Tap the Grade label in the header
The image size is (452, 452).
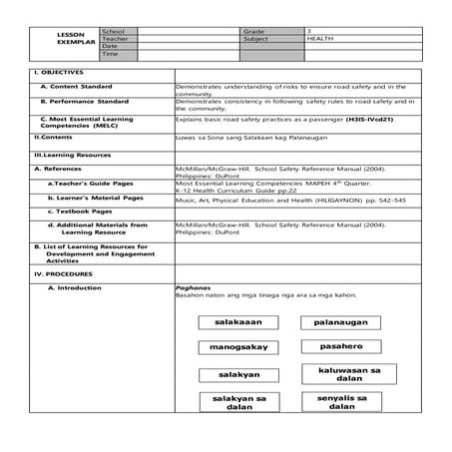[x=252, y=32]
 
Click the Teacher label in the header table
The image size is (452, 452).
[x=116, y=39]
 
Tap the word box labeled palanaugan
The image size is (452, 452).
[x=340, y=322]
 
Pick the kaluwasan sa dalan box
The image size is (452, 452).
[x=341, y=374]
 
